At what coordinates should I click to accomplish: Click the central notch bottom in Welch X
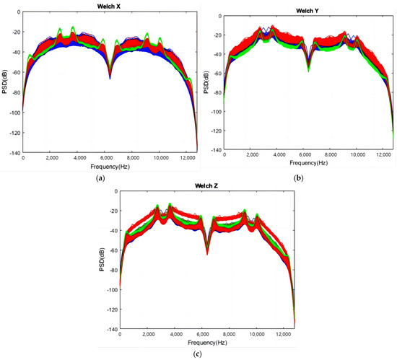pyautogui.click(x=110, y=76)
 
